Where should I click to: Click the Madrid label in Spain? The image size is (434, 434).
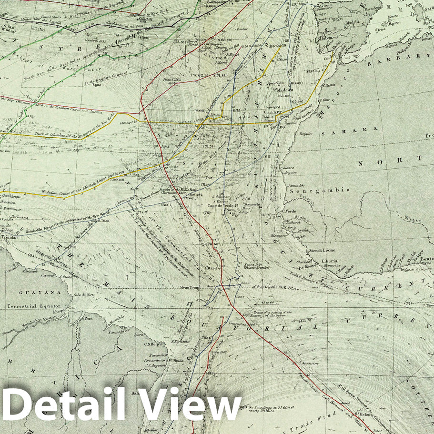click(353, 22)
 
